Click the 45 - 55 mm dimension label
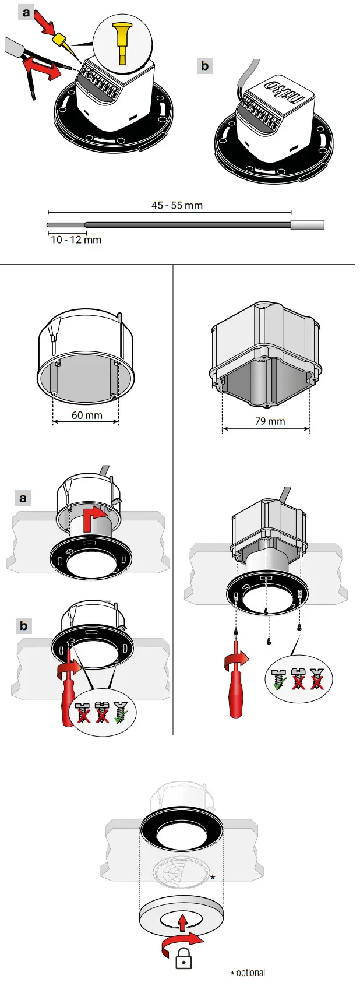177,205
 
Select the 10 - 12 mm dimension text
76,240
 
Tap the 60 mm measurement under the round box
87,415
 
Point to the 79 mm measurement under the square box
270,421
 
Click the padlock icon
183,958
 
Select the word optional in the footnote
250,972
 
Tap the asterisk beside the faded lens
213,878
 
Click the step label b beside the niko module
204,65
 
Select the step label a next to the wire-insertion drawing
26,12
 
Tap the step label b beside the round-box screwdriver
23,625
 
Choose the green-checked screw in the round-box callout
121,712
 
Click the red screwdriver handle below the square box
236,696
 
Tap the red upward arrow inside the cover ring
183,921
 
